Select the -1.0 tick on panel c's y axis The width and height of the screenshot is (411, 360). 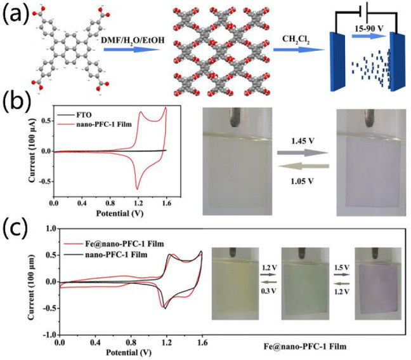coord(47,334)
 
